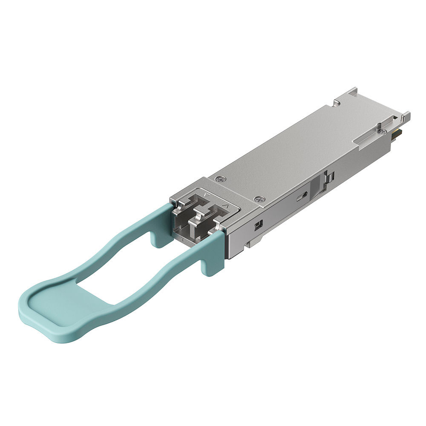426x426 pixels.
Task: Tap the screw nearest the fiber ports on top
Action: [x=258, y=199]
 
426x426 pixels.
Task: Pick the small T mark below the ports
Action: [x=183, y=241]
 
